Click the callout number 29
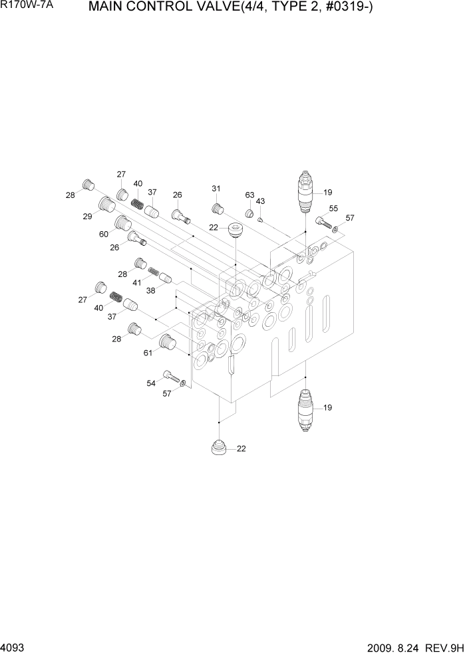point(87,217)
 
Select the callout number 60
point(104,234)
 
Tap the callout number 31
point(216,189)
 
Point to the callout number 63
point(249,195)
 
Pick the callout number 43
point(260,201)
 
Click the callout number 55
point(333,208)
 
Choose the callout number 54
point(151,383)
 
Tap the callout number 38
point(152,290)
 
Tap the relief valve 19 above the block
point(305,191)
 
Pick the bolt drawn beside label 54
point(173,377)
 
